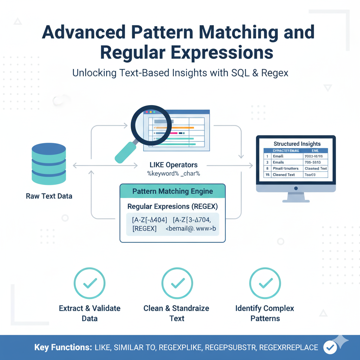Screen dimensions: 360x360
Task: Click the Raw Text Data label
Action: coord(49,196)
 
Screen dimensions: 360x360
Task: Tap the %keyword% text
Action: coord(161,173)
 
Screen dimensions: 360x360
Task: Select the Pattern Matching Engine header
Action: coord(172,191)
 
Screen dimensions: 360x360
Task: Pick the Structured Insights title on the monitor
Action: coord(297,144)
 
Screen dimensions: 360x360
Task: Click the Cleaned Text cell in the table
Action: coord(284,175)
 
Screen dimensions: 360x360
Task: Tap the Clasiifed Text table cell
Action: coord(316,168)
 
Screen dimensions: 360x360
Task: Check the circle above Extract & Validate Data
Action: coord(90,283)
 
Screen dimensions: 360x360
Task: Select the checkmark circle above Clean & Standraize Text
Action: coord(178,283)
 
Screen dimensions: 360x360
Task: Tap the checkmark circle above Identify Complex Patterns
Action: coord(265,283)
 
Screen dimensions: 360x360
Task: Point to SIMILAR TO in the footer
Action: coord(135,348)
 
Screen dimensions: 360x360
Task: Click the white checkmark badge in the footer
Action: coord(330,347)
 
